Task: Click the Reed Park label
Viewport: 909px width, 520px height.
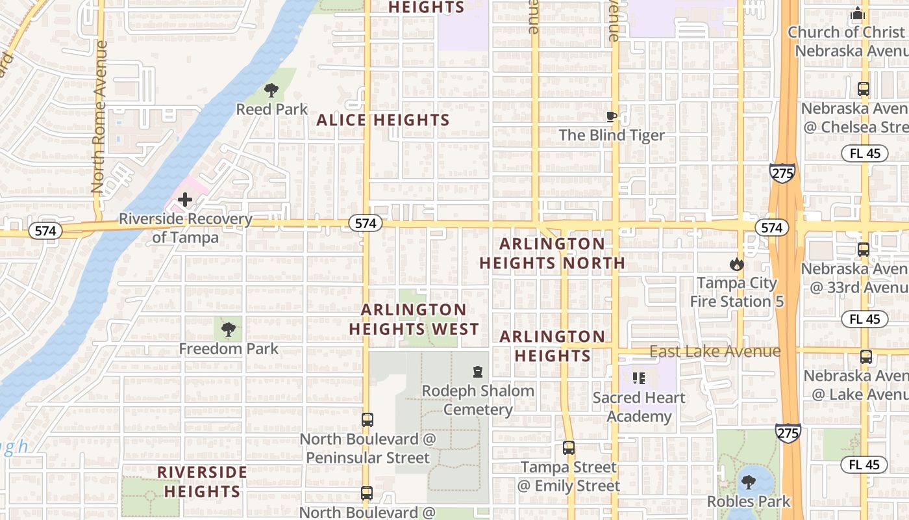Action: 271,109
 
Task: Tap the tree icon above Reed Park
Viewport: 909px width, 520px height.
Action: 271,90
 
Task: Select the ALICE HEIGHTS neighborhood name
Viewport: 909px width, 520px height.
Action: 383,120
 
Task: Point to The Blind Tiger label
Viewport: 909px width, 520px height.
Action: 612,135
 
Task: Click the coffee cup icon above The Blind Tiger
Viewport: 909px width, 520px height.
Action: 611,117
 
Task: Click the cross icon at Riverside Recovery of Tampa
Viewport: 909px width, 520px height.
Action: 185,200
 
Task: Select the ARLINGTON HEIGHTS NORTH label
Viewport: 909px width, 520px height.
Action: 552,253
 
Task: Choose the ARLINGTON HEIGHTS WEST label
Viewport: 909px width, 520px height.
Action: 414,319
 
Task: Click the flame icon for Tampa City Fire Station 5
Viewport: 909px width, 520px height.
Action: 736,264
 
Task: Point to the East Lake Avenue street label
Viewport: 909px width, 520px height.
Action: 715,352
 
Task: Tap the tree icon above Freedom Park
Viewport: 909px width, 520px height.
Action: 228,330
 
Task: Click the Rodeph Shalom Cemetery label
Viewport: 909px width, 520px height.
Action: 478,400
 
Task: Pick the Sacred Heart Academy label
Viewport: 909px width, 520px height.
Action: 639,407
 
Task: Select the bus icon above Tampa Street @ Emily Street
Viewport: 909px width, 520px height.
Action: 569,448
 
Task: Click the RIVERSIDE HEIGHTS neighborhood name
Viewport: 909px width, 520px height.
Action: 202,482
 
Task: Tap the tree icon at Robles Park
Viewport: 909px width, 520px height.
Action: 749,482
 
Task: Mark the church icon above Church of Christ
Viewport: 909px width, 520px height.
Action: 858,14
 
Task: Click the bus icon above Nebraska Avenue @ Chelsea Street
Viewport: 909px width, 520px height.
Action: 863,89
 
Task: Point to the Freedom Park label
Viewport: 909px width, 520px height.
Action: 229,349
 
